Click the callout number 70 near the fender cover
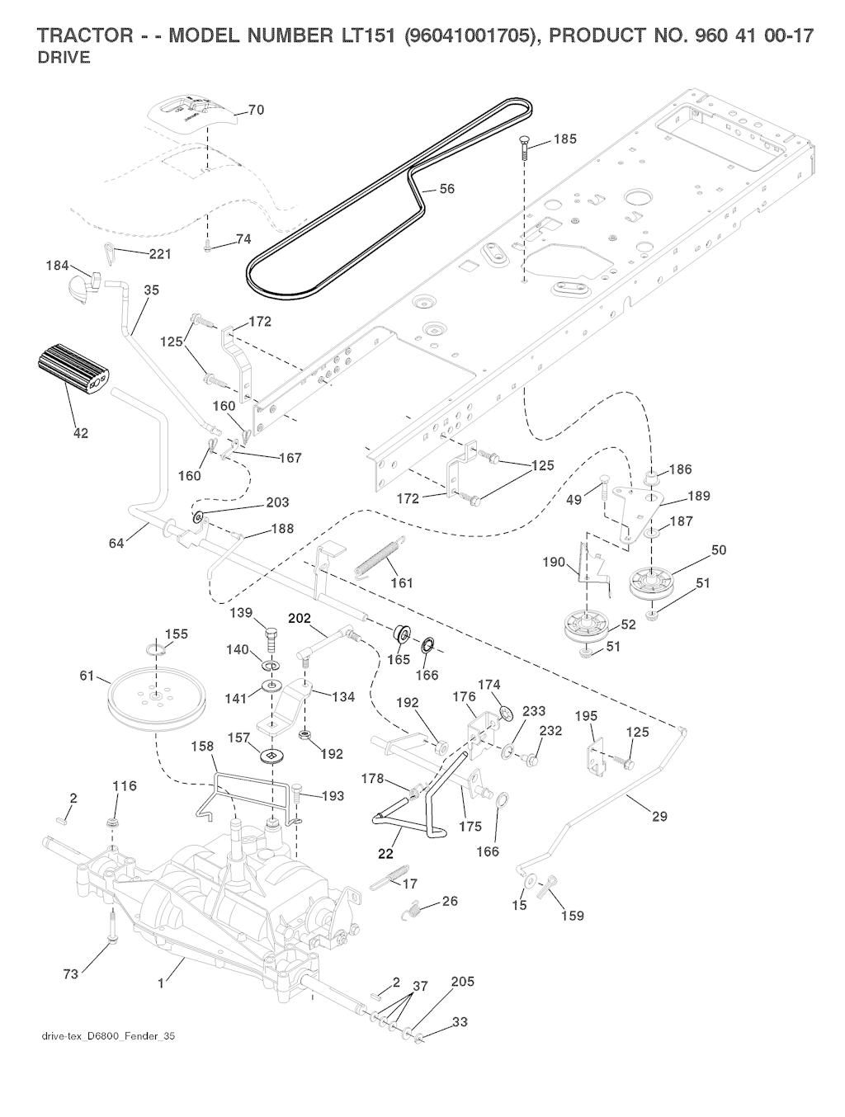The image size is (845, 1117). click(x=256, y=111)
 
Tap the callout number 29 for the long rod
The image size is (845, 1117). click(x=659, y=817)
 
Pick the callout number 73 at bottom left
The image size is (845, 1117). click(x=71, y=974)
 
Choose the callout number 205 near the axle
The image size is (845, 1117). click(x=463, y=983)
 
